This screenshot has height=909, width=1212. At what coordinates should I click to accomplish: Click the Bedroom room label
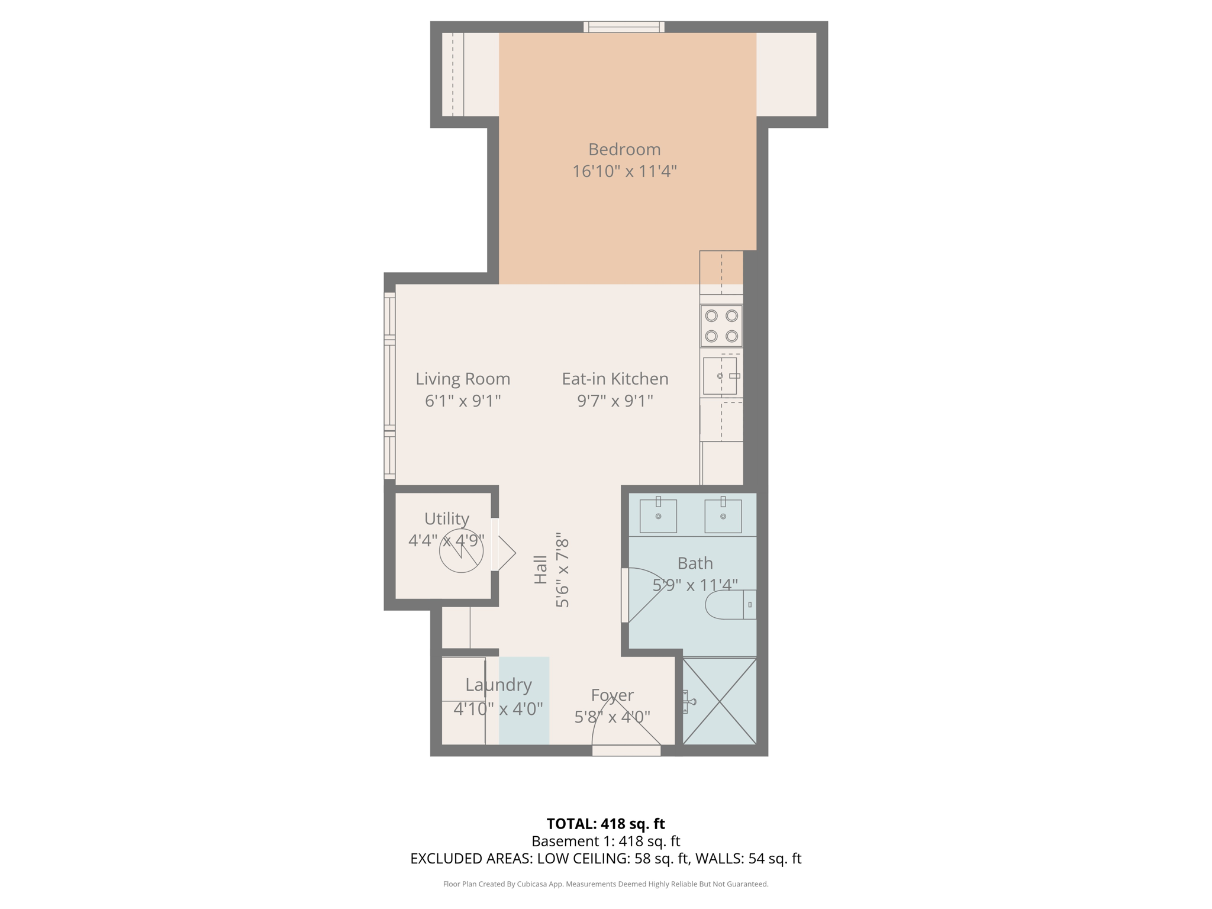[x=624, y=149]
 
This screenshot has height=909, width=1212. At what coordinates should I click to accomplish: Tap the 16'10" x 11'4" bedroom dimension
[x=624, y=172]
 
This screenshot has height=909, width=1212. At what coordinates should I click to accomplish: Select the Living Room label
[x=462, y=379]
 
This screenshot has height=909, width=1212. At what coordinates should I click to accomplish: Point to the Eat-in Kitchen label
[x=615, y=379]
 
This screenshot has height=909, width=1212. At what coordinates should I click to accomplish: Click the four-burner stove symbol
[x=721, y=326]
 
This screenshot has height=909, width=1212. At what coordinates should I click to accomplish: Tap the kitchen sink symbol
[x=720, y=376]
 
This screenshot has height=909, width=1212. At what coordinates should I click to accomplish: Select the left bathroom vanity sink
[x=657, y=516]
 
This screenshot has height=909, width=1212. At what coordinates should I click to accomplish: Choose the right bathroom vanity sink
[x=723, y=516]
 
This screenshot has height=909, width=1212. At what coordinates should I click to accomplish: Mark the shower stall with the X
[x=719, y=701]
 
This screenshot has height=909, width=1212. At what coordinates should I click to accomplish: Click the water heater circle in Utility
[x=461, y=551]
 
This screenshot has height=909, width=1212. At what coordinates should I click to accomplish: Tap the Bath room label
[x=695, y=563]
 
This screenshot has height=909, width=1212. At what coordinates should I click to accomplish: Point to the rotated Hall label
[x=541, y=569]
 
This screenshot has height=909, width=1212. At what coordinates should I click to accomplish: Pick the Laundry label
[x=498, y=685]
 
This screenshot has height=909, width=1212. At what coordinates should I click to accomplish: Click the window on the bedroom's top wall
[x=624, y=27]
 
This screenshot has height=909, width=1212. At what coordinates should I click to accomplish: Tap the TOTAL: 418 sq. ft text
[x=605, y=824]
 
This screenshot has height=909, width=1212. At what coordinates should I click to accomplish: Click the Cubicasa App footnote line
[x=605, y=884]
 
